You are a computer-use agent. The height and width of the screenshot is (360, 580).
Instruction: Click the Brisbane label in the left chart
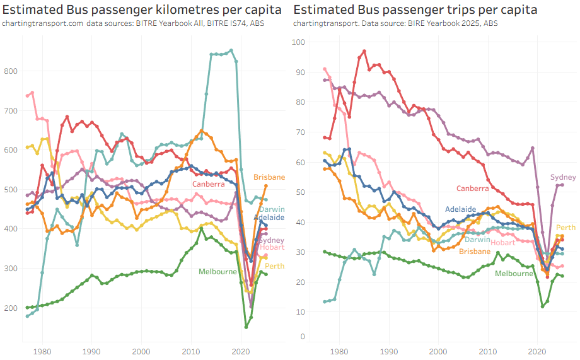[269, 177]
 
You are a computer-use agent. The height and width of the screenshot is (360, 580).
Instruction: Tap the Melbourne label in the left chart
[217, 272]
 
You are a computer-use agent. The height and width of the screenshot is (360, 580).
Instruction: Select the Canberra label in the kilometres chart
[209, 183]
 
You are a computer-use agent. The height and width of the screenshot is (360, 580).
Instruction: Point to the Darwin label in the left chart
[272, 209]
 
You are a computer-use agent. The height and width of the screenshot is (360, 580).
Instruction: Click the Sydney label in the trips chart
[563, 177]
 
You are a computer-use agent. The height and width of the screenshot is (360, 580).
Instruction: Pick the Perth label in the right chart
[565, 228]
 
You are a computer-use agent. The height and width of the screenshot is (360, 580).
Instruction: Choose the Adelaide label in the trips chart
[460, 209]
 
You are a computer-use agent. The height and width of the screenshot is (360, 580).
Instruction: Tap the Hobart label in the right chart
[502, 243]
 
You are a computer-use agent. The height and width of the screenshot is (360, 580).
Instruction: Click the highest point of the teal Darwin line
[231, 50]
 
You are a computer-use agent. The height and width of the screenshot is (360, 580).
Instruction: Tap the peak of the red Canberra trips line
[364, 51]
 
